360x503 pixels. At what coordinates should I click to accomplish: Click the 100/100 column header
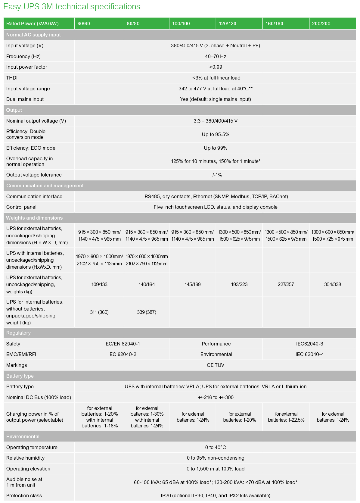click(181, 23)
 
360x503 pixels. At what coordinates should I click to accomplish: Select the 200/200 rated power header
click(321, 23)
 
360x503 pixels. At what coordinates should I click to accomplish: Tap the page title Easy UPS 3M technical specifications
click(72, 7)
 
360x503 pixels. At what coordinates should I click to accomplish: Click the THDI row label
click(12, 78)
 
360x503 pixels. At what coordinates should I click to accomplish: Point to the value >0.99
click(216, 67)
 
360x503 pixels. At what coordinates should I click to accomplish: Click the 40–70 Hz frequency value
click(216, 56)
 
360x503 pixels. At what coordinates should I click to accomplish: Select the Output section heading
click(14, 110)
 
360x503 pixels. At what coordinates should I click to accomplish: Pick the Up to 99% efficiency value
click(216, 148)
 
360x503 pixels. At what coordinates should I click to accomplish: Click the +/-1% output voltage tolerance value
click(216, 175)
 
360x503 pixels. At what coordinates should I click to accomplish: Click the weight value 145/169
click(193, 284)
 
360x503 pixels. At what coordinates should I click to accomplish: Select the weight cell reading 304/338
click(333, 284)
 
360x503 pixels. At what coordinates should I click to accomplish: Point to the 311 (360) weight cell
click(99, 312)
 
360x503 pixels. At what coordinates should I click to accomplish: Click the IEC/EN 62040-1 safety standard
click(122, 344)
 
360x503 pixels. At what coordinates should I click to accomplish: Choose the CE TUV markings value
click(216, 365)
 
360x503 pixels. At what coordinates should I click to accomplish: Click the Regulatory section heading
click(18, 333)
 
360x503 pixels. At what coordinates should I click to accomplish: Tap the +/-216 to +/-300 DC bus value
click(216, 397)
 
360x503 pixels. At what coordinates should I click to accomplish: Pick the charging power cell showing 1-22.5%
click(286, 417)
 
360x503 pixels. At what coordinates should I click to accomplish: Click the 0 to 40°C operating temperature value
click(216, 447)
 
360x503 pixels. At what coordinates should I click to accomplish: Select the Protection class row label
click(24, 495)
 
